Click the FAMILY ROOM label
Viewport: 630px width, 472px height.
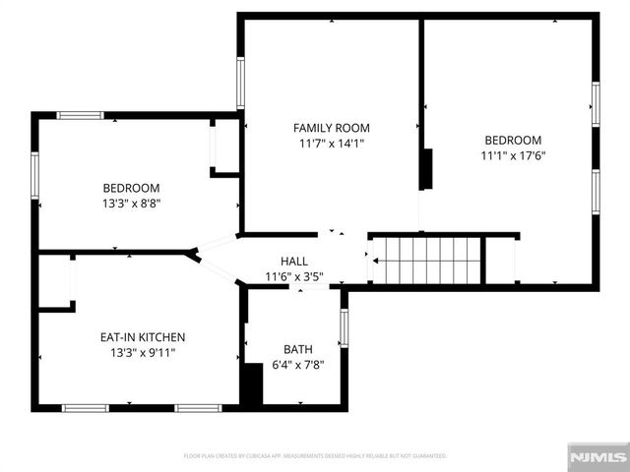(x=332, y=128)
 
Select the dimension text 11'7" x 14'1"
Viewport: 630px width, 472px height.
(x=332, y=144)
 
